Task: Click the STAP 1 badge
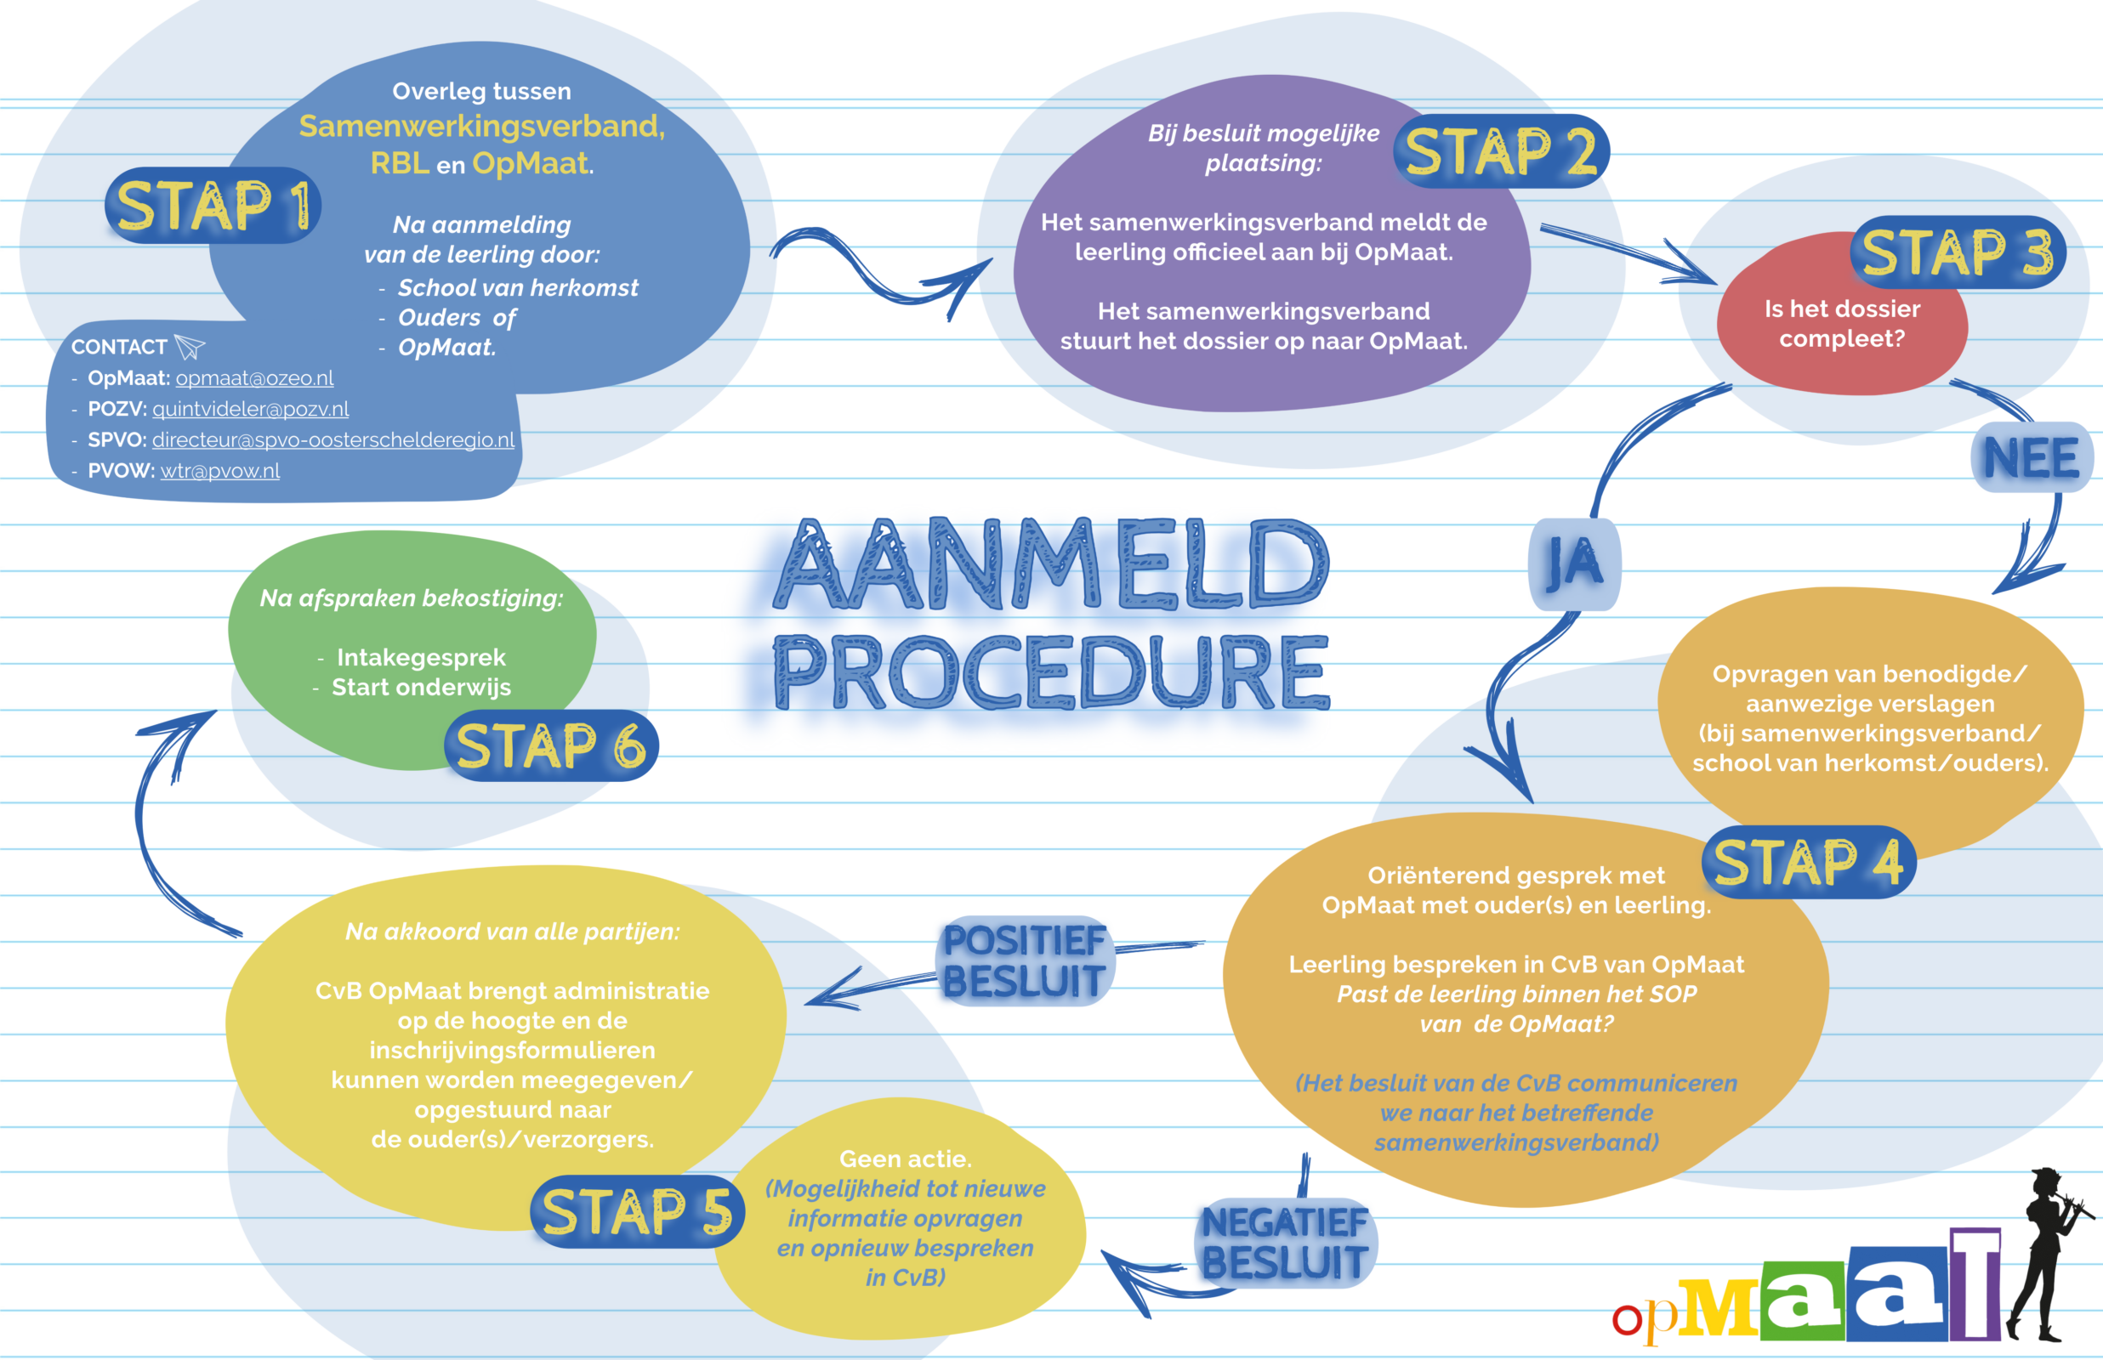tap(212, 206)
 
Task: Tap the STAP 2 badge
tap(1501, 151)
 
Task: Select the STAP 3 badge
tap(1958, 252)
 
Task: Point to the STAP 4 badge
tap(1809, 863)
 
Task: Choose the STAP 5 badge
tap(637, 1211)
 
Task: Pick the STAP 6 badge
tap(551, 746)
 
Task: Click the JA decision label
tap(1574, 564)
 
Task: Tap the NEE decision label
tap(2032, 457)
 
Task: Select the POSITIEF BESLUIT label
tap(1025, 960)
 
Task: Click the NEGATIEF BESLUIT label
tap(1285, 1244)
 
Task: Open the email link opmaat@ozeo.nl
tap(254, 378)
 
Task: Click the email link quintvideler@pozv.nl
tap(250, 409)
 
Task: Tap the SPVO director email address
tap(333, 439)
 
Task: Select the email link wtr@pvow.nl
tap(220, 471)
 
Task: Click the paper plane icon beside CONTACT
tap(189, 346)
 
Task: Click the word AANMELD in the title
tap(1051, 565)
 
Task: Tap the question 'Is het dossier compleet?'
tap(1843, 323)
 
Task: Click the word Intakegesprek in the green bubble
tap(421, 657)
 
